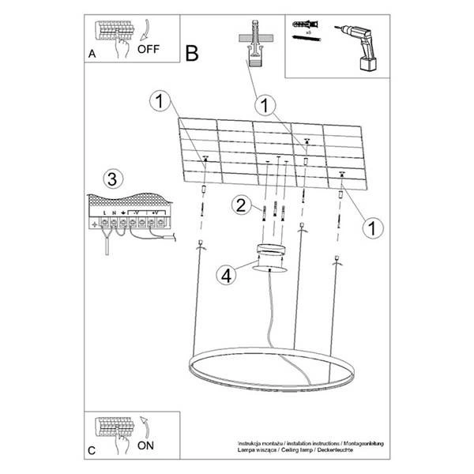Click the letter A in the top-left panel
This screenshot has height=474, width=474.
(x=92, y=55)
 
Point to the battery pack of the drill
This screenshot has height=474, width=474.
(x=366, y=62)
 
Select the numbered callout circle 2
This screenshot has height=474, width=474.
(x=243, y=206)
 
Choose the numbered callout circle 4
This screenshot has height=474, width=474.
(x=227, y=276)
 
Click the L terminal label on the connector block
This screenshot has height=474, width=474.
(x=105, y=213)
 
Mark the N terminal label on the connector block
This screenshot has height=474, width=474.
(x=114, y=213)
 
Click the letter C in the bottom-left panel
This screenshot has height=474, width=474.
(x=92, y=451)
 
